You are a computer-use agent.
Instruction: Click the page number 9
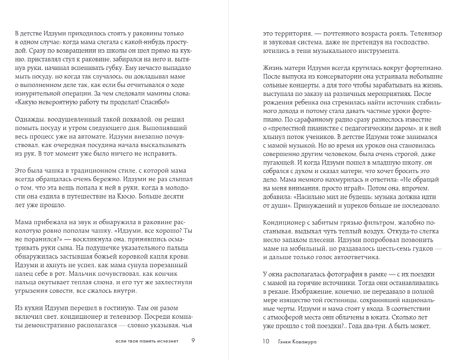click(193, 341)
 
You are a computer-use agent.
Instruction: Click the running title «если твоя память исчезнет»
click(146, 341)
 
